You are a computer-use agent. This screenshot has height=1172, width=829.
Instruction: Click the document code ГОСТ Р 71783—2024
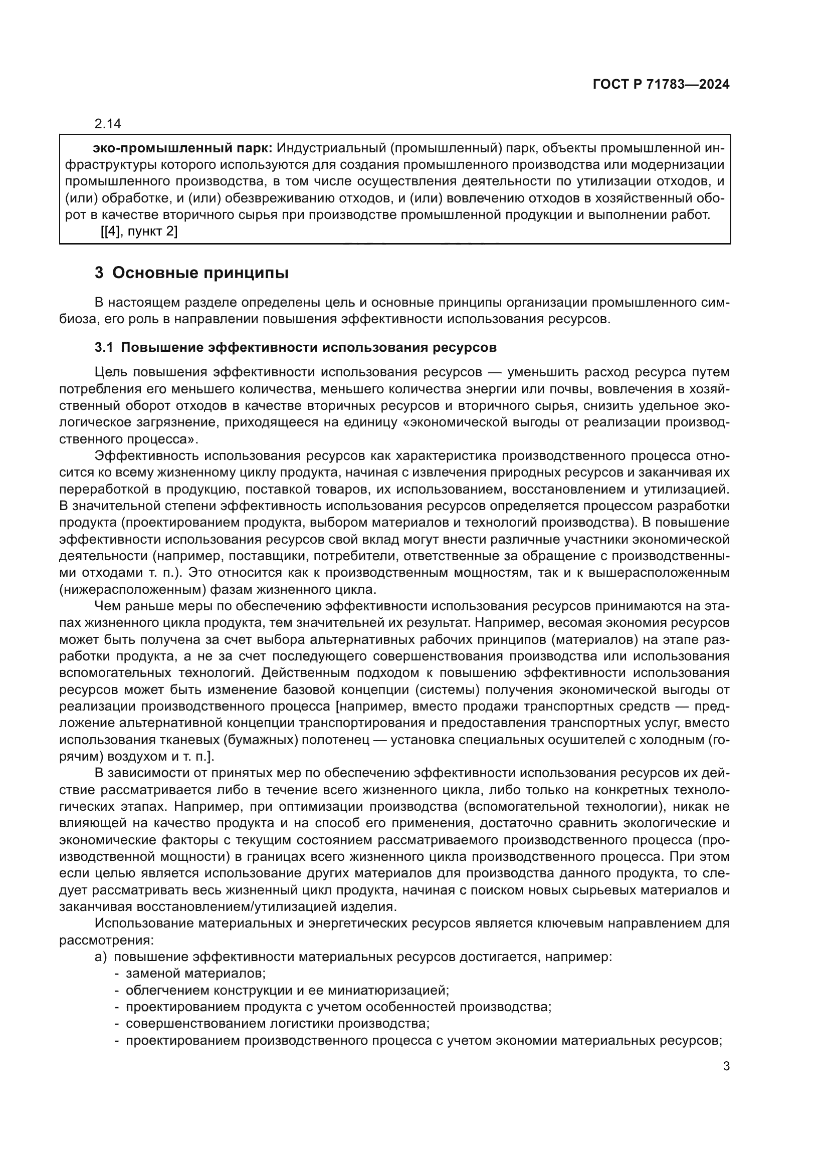(661, 85)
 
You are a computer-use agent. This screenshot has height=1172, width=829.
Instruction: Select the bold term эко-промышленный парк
(182, 148)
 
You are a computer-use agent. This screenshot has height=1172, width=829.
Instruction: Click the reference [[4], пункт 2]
(138, 232)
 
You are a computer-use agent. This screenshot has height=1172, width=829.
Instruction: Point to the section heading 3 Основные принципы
(191, 273)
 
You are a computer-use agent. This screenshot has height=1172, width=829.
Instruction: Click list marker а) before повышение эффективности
(100, 957)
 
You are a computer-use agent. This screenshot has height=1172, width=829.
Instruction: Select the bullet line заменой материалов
(195, 974)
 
